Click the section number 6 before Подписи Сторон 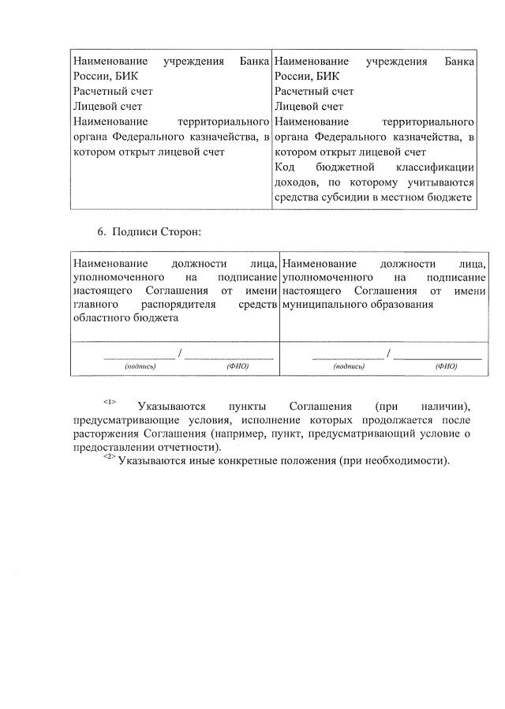100,232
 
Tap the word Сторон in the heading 181,232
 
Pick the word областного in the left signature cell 100,317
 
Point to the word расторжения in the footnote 105,433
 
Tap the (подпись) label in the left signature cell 140,366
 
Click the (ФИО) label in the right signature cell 446,366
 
